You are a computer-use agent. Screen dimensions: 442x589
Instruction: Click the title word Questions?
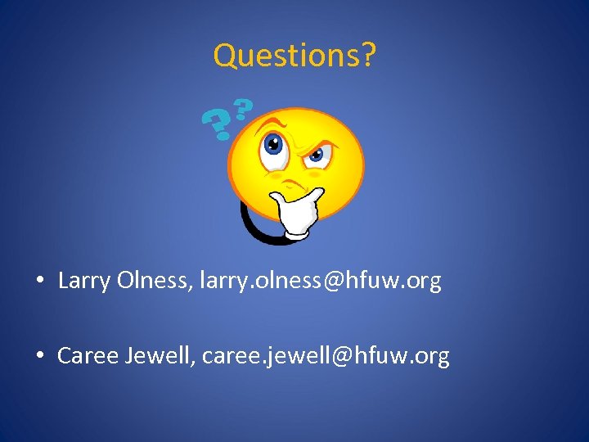coord(294,56)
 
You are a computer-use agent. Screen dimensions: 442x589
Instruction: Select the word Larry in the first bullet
coord(84,282)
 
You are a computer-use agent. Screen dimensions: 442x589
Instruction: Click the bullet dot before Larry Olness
coord(39,282)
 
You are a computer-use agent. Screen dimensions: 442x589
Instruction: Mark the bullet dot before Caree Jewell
coord(39,357)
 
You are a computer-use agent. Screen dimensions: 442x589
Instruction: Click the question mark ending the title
coord(369,56)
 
